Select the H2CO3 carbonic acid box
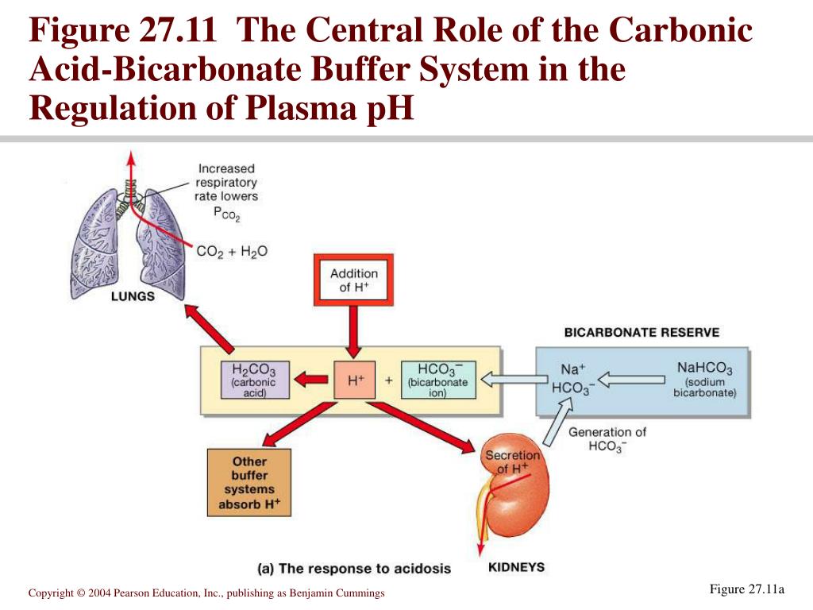[254, 380]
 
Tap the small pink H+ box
[355, 380]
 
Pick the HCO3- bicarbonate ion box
[438, 380]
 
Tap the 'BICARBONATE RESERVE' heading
[642, 333]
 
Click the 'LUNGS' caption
[133, 296]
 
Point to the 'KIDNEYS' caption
[516, 566]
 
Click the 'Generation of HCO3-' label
[607, 439]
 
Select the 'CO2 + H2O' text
[232, 251]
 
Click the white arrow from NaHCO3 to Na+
[632, 379]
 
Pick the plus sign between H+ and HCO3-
[389, 380]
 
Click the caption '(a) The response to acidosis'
[354, 568]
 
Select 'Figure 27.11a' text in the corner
[746, 589]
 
